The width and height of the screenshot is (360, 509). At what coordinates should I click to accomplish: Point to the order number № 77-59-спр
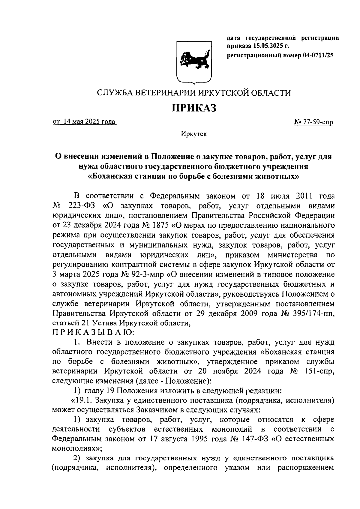[x=313, y=122]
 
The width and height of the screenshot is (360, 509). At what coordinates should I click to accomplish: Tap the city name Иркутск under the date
[x=194, y=134]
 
